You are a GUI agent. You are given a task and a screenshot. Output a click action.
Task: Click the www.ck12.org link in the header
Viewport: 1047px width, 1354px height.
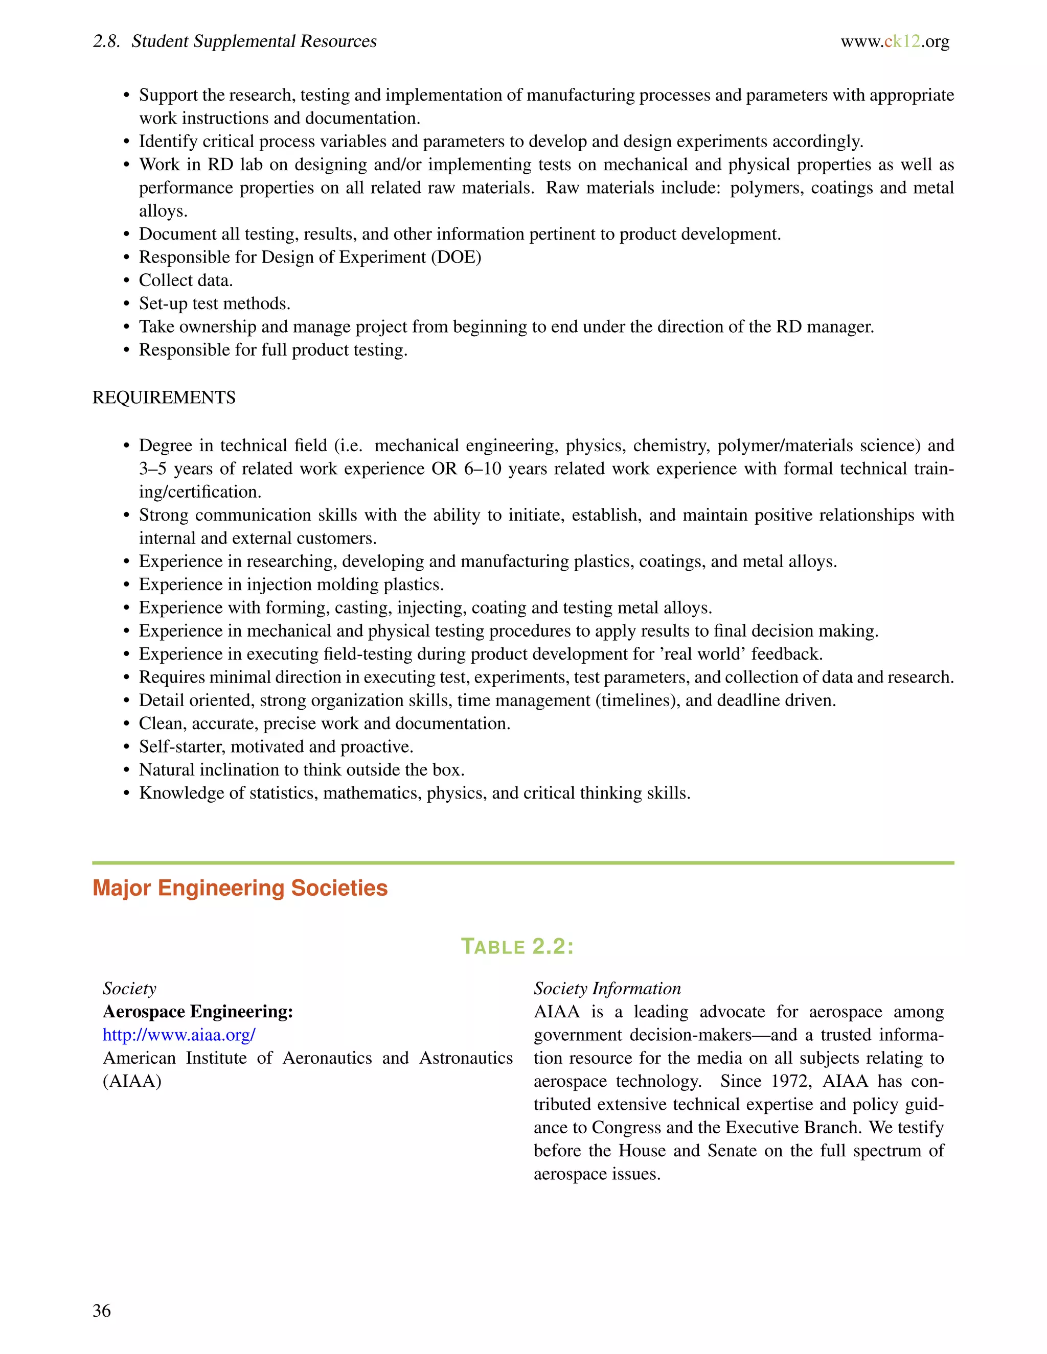pyautogui.click(x=895, y=41)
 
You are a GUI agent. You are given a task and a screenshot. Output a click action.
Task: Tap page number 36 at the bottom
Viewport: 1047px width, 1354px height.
pyautogui.click(x=102, y=1310)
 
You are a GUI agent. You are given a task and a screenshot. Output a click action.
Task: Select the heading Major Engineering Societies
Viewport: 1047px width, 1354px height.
pyautogui.click(x=240, y=888)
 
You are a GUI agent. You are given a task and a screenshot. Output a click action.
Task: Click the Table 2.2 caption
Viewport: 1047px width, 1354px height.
pyautogui.click(x=517, y=947)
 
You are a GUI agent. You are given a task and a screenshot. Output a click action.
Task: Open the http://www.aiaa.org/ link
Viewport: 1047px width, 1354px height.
pyautogui.click(x=179, y=1035)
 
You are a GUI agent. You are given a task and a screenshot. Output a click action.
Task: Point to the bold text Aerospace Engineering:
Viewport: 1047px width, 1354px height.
pyautogui.click(x=198, y=1012)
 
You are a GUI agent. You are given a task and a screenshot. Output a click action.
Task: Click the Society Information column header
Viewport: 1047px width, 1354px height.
pyautogui.click(x=607, y=988)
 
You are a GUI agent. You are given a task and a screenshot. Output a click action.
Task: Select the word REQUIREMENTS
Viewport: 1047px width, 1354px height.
pyautogui.click(x=164, y=398)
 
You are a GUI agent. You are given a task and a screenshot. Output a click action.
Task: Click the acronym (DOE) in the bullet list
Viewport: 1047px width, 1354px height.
pyautogui.click(x=456, y=258)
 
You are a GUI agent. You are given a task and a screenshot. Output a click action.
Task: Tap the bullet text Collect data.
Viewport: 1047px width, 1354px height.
pyautogui.click(x=186, y=280)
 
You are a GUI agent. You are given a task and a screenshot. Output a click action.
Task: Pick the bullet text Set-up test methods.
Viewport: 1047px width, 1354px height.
pyautogui.click(x=215, y=304)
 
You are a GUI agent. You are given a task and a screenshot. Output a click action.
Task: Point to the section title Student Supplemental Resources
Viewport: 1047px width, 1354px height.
pyautogui.click(x=254, y=41)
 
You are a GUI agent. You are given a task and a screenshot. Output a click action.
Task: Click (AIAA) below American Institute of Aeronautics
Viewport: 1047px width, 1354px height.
pyautogui.click(x=132, y=1081)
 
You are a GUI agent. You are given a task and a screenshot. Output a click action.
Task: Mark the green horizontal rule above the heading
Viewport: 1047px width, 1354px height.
pyautogui.click(x=523, y=862)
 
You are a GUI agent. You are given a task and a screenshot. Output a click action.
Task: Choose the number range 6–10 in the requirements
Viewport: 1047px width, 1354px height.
pyautogui.click(x=482, y=469)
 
